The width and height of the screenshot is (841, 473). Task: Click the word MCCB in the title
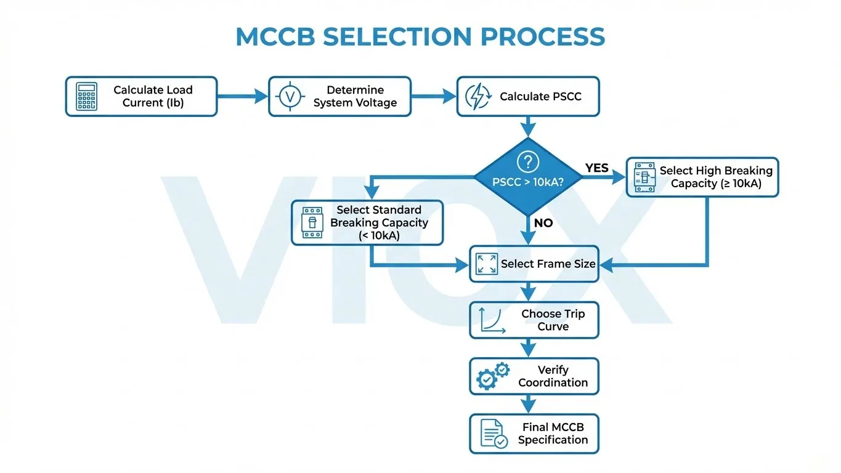click(275, 37)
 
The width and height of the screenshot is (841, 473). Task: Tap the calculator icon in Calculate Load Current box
click(86, 97)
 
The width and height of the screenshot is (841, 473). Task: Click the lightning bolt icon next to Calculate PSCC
click(477, 97)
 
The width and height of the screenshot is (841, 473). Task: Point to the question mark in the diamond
click(527, 162)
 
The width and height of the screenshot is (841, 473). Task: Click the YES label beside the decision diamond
click(596, 168)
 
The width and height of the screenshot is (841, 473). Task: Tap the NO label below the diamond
click(543, 223)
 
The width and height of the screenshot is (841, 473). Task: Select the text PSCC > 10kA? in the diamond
click(527, 182)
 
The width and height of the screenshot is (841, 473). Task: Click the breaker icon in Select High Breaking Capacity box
click(643, 177)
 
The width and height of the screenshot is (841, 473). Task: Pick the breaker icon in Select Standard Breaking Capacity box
click(312, 222)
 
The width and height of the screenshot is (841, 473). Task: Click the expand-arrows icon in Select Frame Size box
click(487, 264)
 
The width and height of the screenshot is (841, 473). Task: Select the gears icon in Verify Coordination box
click(493, 376)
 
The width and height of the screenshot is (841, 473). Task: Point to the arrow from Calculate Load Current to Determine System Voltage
click(243, 96)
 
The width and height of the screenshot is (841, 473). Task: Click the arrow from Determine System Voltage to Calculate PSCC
click(434, 96)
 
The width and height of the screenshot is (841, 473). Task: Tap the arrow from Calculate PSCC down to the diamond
click(528, 127)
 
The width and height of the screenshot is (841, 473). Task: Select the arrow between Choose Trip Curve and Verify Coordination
click(528, 349)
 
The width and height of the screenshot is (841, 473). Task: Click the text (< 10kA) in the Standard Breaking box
click(379, 235)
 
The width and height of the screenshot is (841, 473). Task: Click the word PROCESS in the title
click(542, 37)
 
